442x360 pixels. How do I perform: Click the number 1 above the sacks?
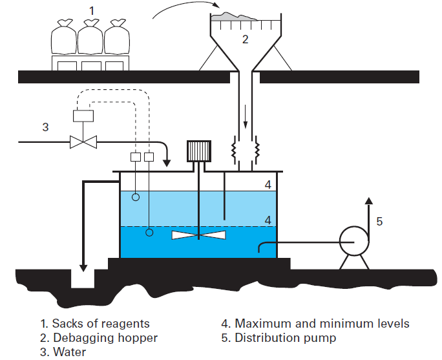point(91,10)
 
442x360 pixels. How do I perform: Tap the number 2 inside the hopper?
point(245,39)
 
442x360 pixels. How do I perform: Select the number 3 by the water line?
point(45,127)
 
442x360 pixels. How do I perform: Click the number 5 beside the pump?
point(379,221)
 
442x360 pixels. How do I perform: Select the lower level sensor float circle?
point(149,232)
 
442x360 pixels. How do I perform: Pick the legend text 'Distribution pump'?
point(285,337)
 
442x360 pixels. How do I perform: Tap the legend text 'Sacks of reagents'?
point(101,323)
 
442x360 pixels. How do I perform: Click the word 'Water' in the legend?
point(69,352)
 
